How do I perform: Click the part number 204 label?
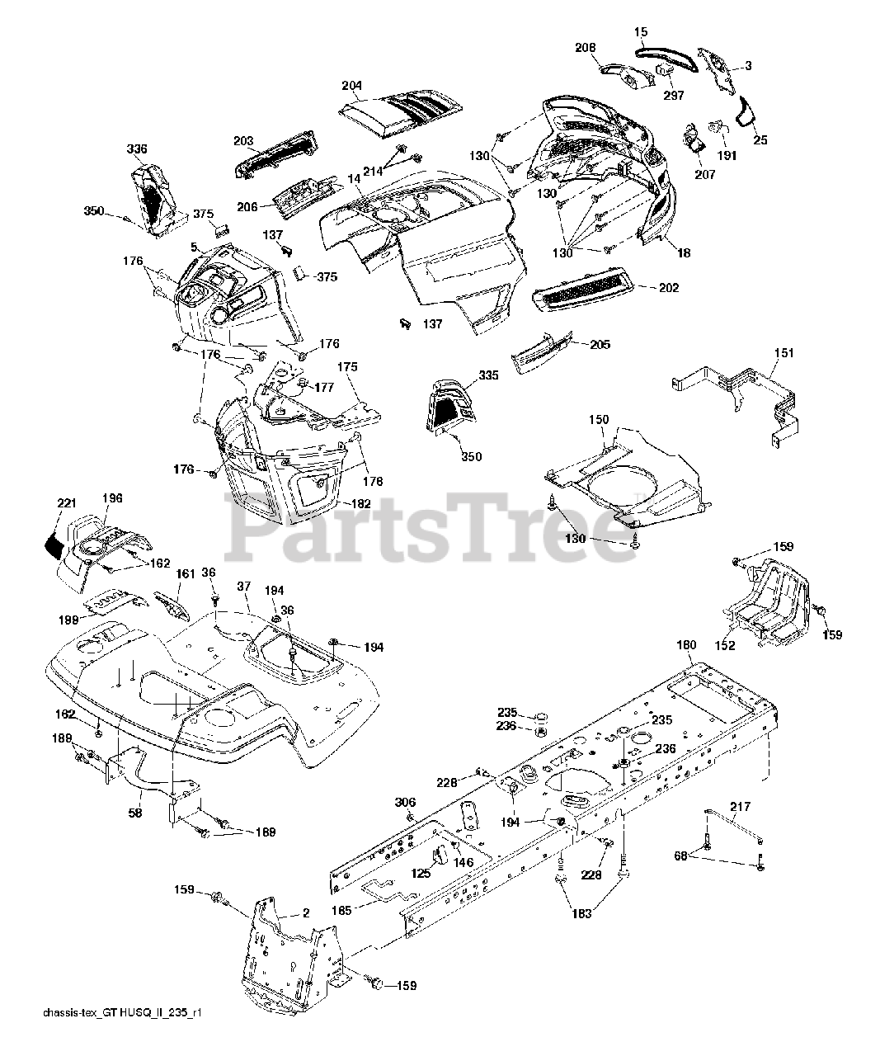click(351, 85)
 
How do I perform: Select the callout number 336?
click(137, 149)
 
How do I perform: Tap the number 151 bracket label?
click(784, 352)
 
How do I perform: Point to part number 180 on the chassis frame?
click(686, 645)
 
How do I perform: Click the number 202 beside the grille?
click(669, 288)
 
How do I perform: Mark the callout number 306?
click(405, 802)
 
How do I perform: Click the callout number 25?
click(760, 140)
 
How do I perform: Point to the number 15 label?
click(641, 32)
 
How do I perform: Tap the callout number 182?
click(360, 502)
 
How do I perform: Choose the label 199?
click(69, 619)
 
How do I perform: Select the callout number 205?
click(600, 344)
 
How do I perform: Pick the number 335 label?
click(488, 375)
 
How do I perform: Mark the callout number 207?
click(705, 175)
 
